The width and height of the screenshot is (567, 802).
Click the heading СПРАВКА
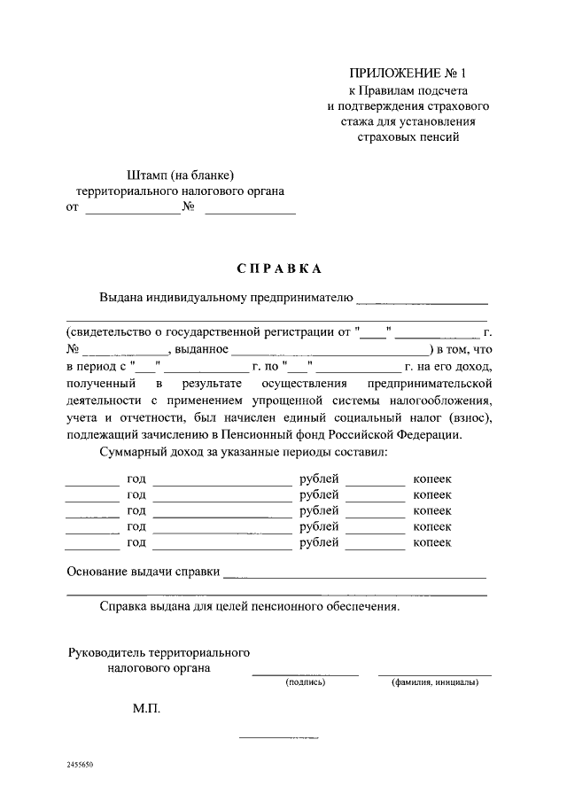(x=279, y=268)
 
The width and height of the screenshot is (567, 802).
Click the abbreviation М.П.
(x=146, y=709)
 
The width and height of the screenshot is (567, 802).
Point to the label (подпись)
(x=306, y=682)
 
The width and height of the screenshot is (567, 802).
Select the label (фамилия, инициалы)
(x=435, y=682)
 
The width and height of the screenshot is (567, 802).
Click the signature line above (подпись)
(x=306, y=675)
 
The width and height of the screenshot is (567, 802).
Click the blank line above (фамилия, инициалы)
(x=435, y=675)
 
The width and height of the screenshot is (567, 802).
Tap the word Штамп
(x=147, y=175)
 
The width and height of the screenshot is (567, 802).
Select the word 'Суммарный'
(x=132, y=452)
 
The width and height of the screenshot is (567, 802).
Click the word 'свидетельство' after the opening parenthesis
(x=109, y=332)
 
